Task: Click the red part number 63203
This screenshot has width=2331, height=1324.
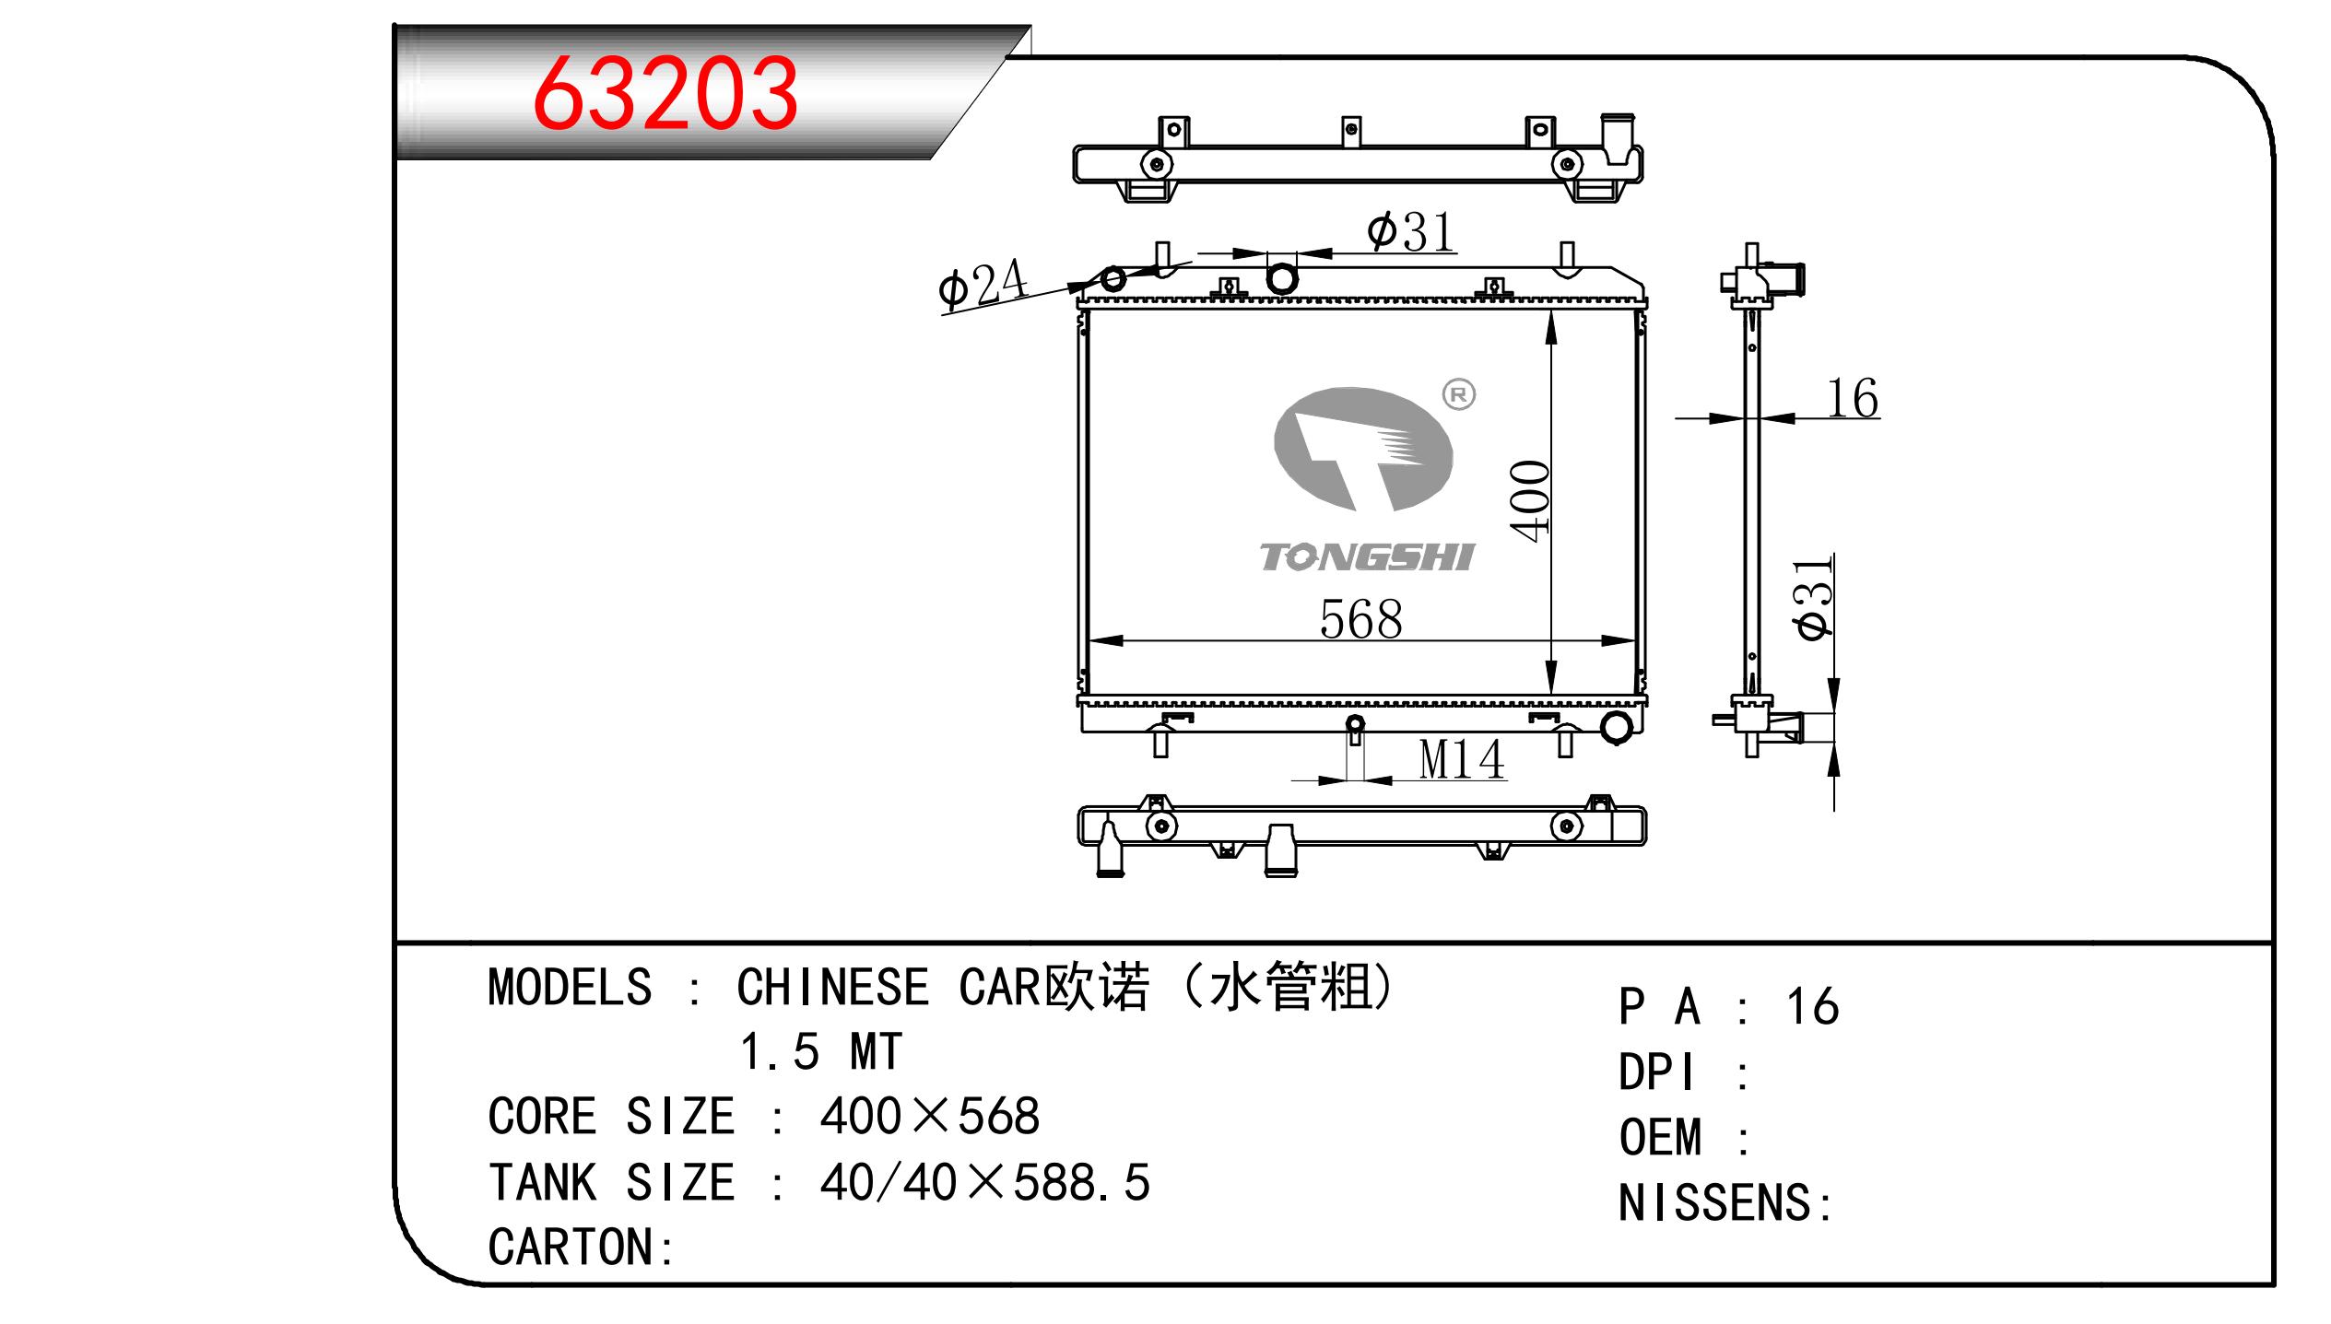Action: click(665, 94)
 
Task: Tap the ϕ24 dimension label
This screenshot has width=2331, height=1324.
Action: click(982, 285)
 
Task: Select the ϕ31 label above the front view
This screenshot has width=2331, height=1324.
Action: click(1410, 231)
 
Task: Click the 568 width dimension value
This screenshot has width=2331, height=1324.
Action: click(1360, 619)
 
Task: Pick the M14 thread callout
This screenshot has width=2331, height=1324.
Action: click(1461, 760)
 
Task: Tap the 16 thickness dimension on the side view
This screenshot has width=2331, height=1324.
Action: click(1852, 399)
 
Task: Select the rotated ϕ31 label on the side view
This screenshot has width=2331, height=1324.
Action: click(1813, 598)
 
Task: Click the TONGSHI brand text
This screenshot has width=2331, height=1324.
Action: click(1367, 557)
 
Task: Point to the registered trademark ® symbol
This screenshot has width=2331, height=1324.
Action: click(1458, 395)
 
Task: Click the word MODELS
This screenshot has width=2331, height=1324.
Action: click(570, 988)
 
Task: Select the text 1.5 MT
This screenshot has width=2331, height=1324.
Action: click(820, 1052)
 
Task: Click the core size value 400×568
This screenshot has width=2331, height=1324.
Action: click(929, 1117)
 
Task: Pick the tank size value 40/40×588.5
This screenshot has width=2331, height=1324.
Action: click(984, 1183)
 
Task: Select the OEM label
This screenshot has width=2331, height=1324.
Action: click(1660, 1138)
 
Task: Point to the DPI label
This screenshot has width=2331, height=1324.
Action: click(1656, 1073)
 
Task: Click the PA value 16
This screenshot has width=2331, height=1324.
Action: click(1812, 1007)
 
